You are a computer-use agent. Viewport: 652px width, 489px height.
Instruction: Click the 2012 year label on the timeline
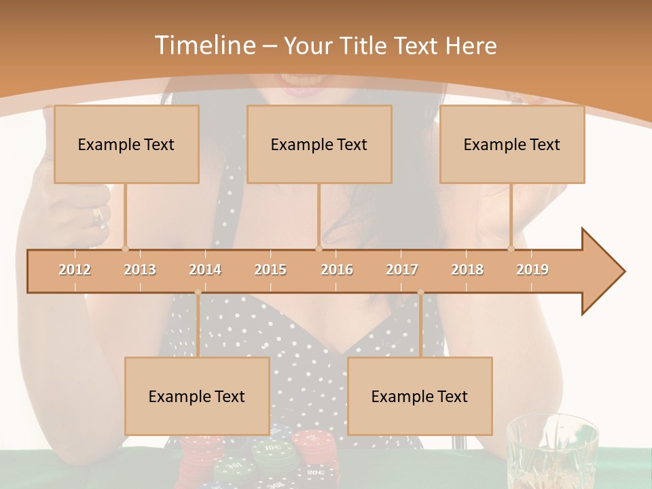coord(75,270)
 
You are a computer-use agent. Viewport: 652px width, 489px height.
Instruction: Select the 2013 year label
coord(140,270)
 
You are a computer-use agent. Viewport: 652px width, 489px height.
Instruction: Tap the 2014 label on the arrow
coord(205,270)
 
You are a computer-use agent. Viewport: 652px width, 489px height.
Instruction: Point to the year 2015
coord(270,270)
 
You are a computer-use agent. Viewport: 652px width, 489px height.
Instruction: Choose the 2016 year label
coord(337,270)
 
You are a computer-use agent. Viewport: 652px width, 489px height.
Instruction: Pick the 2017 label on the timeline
coord(402,270)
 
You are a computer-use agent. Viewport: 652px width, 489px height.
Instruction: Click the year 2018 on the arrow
coord(467,270)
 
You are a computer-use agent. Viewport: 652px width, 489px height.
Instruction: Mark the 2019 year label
coord(532,270)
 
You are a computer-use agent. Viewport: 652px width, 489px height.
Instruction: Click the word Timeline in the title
coord(204,46)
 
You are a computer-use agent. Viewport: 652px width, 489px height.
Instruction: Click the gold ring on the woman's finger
coord(99,217)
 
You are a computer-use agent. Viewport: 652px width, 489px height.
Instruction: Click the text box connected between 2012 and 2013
coord(126,144)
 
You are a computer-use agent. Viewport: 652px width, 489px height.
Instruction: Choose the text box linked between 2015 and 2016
coord(319,144)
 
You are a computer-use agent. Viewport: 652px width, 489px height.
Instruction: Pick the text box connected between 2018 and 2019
coord(512,144)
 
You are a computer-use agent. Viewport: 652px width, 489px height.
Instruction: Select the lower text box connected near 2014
coord(197,396)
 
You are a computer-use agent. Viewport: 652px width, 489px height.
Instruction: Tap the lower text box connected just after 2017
coord(420,396)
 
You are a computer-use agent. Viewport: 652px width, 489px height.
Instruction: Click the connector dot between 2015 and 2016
coord(319,249)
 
